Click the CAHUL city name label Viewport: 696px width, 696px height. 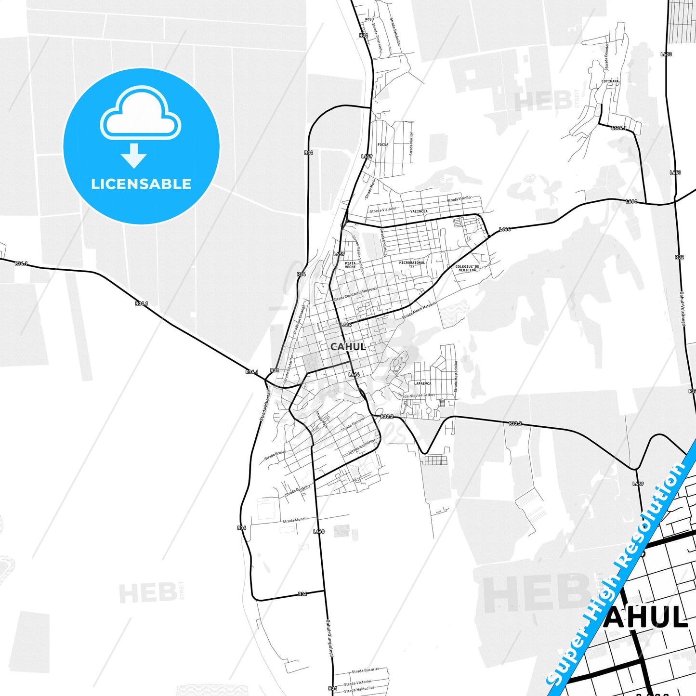pos(348,346)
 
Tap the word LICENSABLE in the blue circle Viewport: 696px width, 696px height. pos(141,184)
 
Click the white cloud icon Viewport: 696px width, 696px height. pos(141,114)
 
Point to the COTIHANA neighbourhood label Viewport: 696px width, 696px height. pos(610,81)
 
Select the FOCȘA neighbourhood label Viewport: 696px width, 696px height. pos(383,144)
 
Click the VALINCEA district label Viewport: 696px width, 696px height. pos(419,211)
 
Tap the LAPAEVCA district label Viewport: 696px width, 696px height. pos(423,383)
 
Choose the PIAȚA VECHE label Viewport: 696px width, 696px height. pos(350,265)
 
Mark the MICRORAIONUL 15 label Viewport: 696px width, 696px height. pos(412,264)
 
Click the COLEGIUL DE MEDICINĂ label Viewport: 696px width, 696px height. pos(467,268)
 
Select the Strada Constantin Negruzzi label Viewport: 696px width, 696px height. pos(355,294)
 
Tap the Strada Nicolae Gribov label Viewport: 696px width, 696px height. pos(416,395)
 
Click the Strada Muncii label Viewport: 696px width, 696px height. pos(294,520)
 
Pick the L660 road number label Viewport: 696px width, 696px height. pos(318,532)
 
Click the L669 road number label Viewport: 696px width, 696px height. pos(638,484)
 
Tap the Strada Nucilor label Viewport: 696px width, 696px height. pos(411,144)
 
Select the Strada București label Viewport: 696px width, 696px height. pos(365,670)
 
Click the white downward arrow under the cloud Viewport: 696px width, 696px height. pos(134,155)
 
